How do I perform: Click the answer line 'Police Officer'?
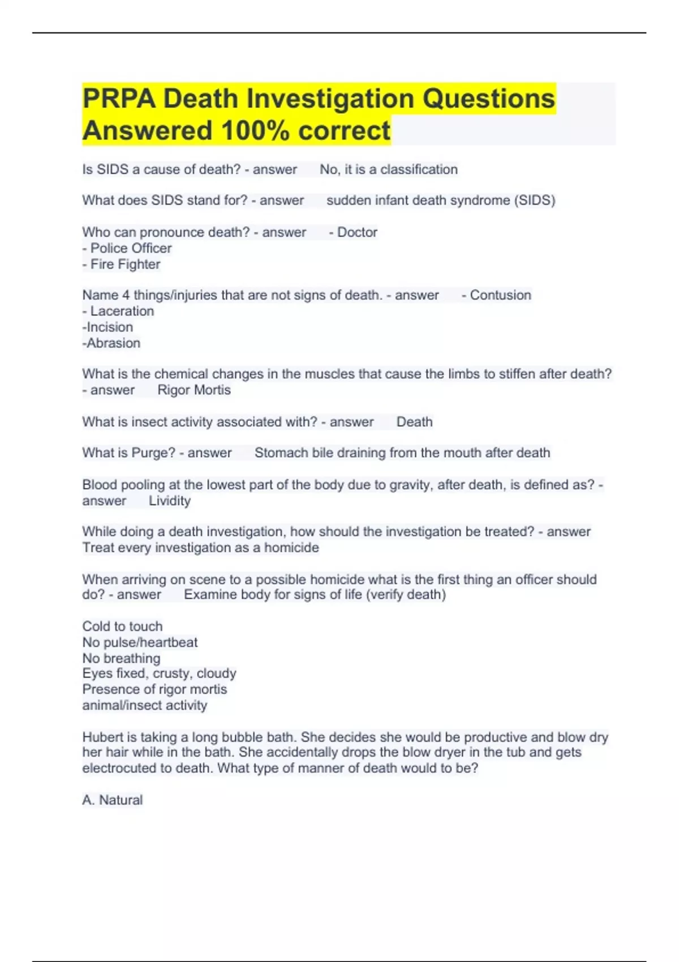point(131,248)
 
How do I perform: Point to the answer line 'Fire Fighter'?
point(125,264)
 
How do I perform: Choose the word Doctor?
point(357,233)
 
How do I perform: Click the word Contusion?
point(500,295)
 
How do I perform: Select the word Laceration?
point(122,311)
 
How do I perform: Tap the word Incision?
point(110,327)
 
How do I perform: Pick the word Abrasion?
point(113,343)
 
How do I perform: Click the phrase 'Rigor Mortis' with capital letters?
point(194,390)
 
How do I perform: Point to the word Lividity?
point(170,501)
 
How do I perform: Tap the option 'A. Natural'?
point(113,800)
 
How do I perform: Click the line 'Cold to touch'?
point(122,626)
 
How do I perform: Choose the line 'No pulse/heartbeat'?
point(140,642)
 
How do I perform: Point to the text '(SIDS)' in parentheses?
point(535,200)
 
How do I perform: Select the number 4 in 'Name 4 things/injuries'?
point(126,295)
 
